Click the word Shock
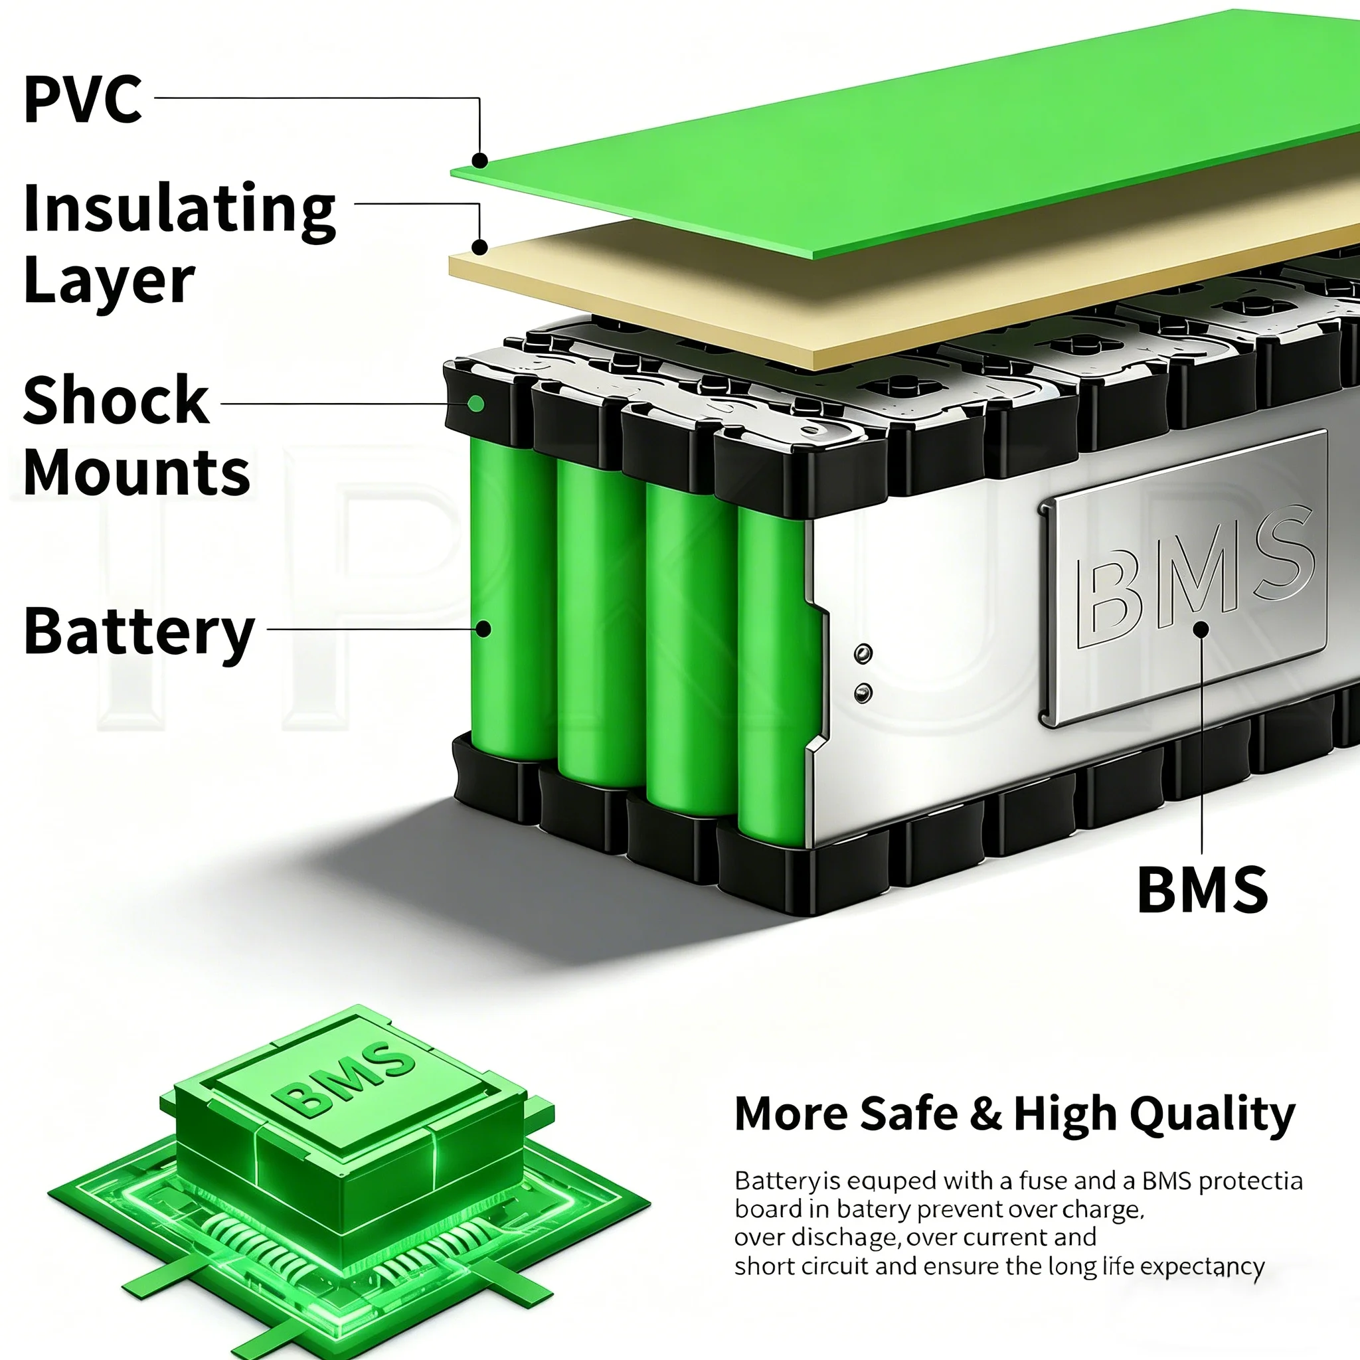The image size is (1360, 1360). (x=116, y=400)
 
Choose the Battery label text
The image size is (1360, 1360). (x=139, y=631)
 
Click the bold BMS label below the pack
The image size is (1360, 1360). (x=1203, y=890)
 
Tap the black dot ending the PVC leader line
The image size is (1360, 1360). (x=479, y=161)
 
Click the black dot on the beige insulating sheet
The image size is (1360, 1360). (x=479, y=247)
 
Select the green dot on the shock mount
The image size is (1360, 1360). (x=476, y=403)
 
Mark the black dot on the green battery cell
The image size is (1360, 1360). (x=483, y=629)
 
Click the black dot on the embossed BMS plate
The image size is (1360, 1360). (x=1201, y=629)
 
